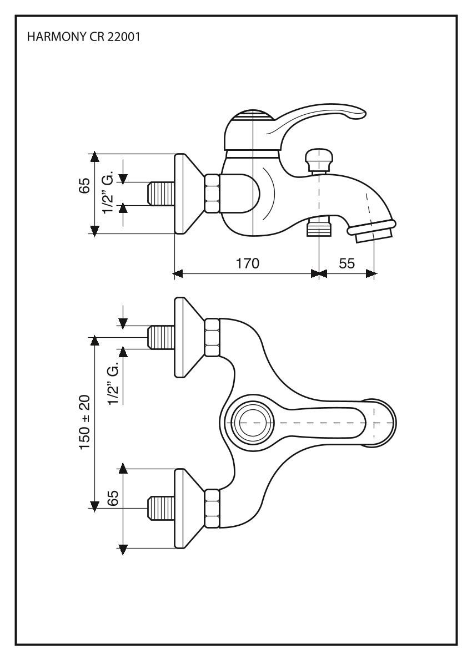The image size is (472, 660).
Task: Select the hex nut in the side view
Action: tap(212, 194)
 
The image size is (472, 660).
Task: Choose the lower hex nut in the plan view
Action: tap(212, 509)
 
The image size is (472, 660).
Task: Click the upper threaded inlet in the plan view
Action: tap(161, 337)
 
